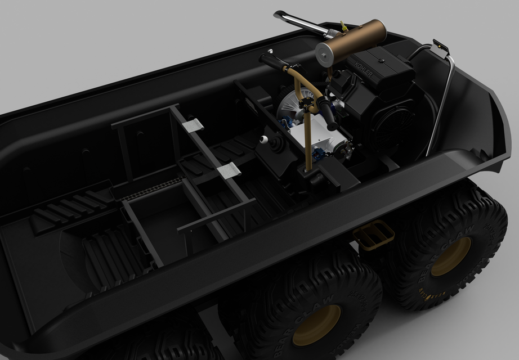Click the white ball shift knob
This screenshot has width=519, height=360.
[x=263, y=139]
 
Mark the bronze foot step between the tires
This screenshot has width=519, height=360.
[x=373, y=235]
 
